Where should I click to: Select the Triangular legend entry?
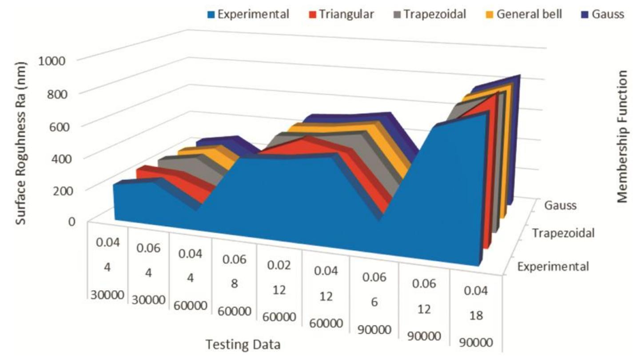coord(346,14)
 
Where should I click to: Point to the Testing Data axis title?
coord(243,344)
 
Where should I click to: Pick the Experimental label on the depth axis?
coord(553,267)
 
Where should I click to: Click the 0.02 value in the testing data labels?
coord(279,265)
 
